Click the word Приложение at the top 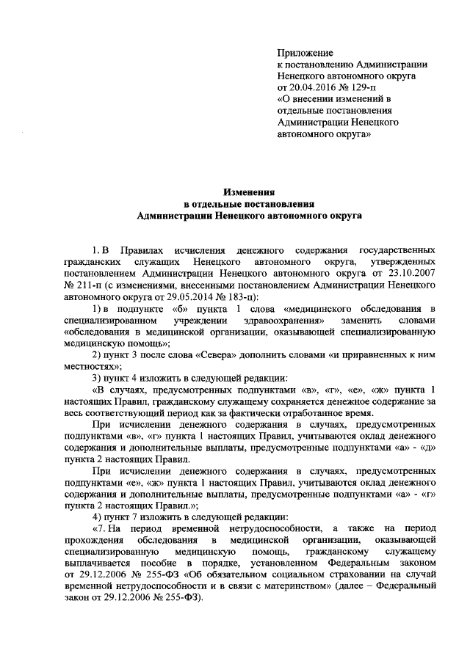(305, 52)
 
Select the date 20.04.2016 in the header (314, 87)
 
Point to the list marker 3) (96, 377)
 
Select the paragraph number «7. (101, 528)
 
